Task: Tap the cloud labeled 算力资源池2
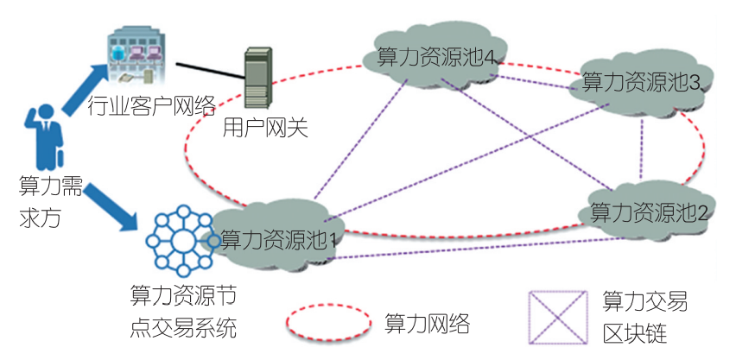click(648, 210)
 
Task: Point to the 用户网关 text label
click(265, 129)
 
